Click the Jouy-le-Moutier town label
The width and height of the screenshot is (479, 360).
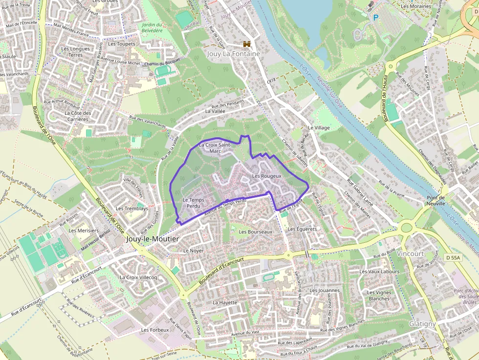tap(152, 239)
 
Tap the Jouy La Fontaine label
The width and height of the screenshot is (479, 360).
tap(233, 54)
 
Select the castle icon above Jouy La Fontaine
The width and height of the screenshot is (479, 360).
tap(246, 44)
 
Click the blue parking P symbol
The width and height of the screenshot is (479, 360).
tap(376, 17)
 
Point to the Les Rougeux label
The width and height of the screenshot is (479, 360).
tap(266, 176)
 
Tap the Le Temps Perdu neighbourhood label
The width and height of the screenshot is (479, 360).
tap(193, 203)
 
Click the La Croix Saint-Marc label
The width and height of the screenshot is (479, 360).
tap(215, 148)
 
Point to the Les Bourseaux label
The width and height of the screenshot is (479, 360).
tap(256, 232)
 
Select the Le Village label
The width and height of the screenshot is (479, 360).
tap(319, 127)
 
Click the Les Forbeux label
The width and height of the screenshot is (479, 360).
tap(155, 330)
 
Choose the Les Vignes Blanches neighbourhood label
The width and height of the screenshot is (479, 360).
tap(379, 296)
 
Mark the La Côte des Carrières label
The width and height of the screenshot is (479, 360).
tap(78, 116)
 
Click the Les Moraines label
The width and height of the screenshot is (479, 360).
tap(416, 6)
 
